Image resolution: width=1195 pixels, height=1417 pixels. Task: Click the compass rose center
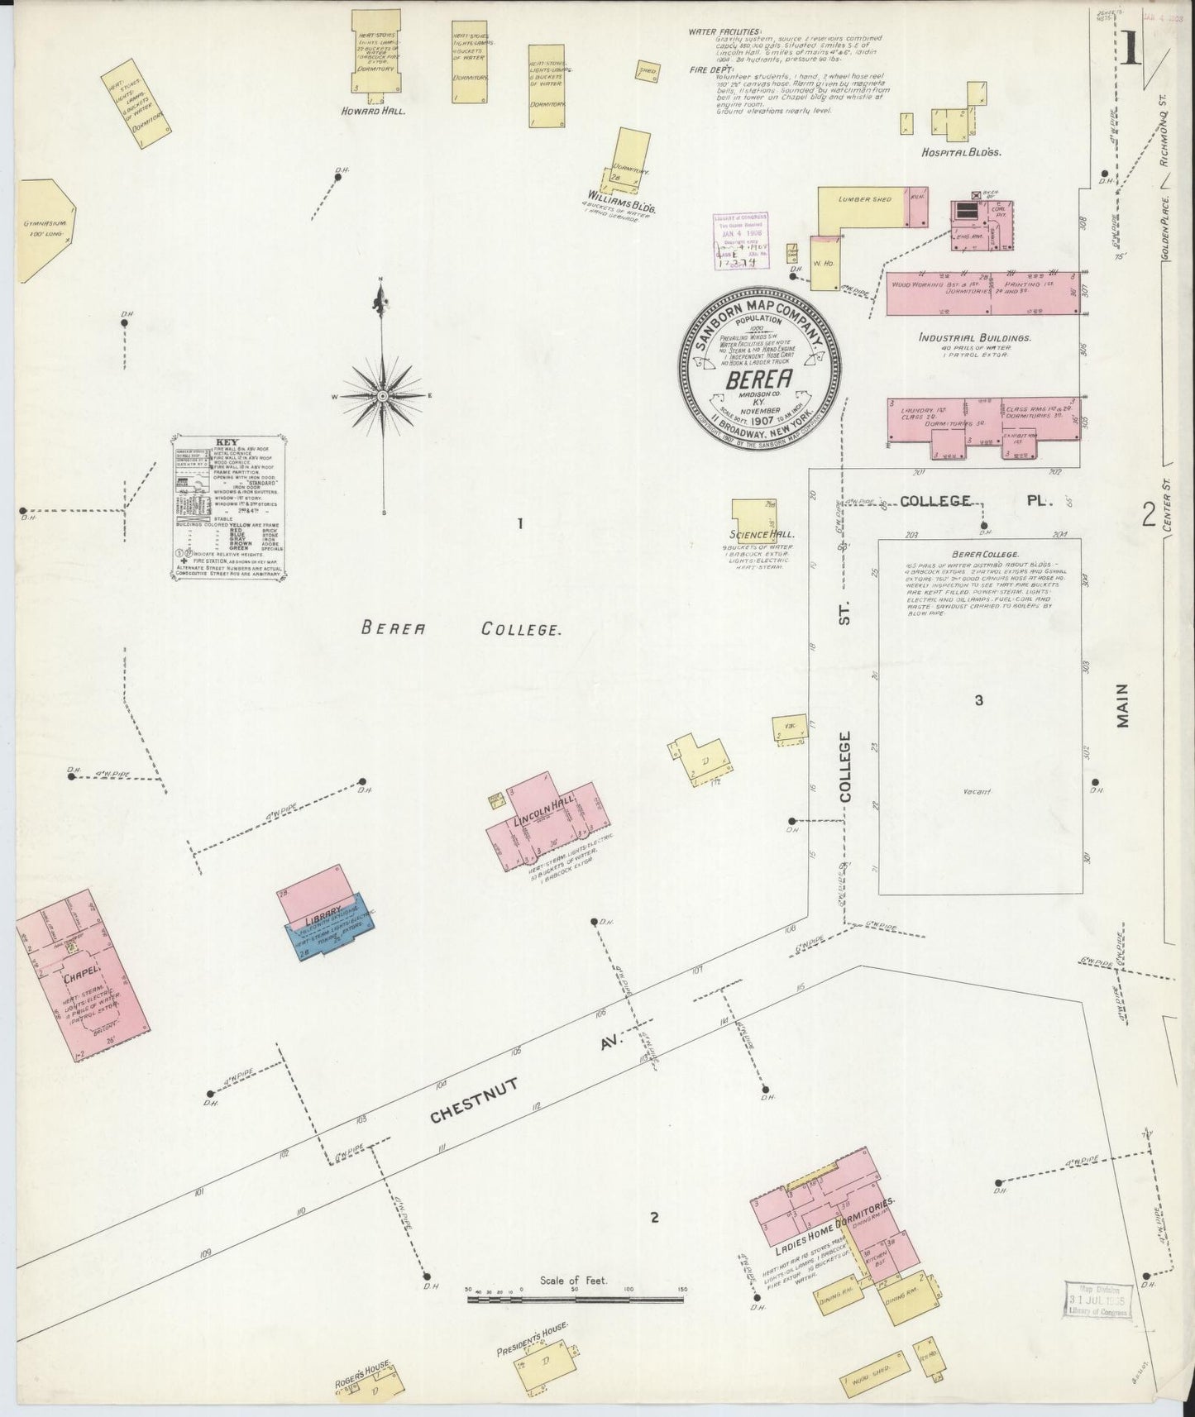click(383, 396)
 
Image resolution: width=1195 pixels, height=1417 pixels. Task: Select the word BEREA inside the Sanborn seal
click(758, 379)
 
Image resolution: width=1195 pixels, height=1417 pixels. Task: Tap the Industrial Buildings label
click(973, 338)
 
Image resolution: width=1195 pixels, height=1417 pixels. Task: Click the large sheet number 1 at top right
click(1130, 49)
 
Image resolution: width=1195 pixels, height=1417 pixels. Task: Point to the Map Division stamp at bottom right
click(1097, 1313)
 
